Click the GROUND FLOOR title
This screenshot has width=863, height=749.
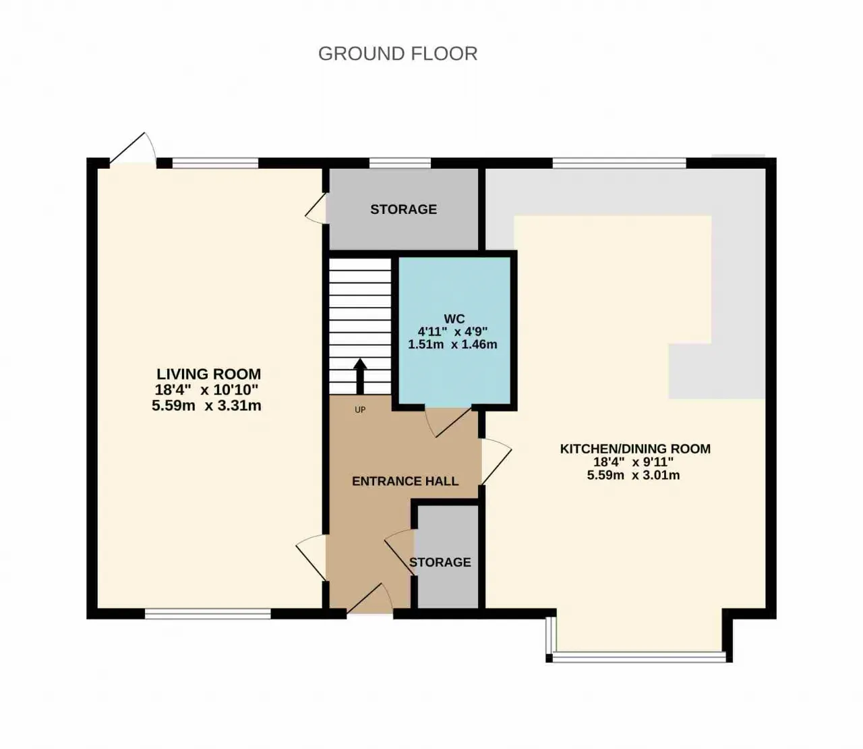(x=398, y=54)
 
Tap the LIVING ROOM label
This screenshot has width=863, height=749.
(x=209, y=374)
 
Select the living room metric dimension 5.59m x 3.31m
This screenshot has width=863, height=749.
(x=207, y=406)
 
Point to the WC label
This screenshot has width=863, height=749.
(x=454, y=319)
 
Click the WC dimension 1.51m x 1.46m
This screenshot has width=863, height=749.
(x=452, y=344)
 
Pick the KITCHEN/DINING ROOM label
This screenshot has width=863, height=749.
(x=635, y=449)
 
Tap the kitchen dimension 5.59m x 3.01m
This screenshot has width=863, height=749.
(x=633, y=475)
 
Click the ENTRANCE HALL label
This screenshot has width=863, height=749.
(x=405, y=481)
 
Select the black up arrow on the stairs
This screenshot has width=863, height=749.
(x=360, y=376)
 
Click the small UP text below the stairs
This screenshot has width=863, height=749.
(x=360, y=410)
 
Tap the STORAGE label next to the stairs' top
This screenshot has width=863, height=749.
(x=403, y=209)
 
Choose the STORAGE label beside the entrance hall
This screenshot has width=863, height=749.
(x=440, y=562)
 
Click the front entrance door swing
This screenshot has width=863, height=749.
(x=369, y=599)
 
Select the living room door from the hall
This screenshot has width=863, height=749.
(x=311, y=557)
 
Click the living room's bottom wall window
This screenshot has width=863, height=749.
(x=208, y=613)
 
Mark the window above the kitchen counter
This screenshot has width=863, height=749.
(x=619, y=163)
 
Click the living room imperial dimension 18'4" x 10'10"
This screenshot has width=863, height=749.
(x=207, y=389)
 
